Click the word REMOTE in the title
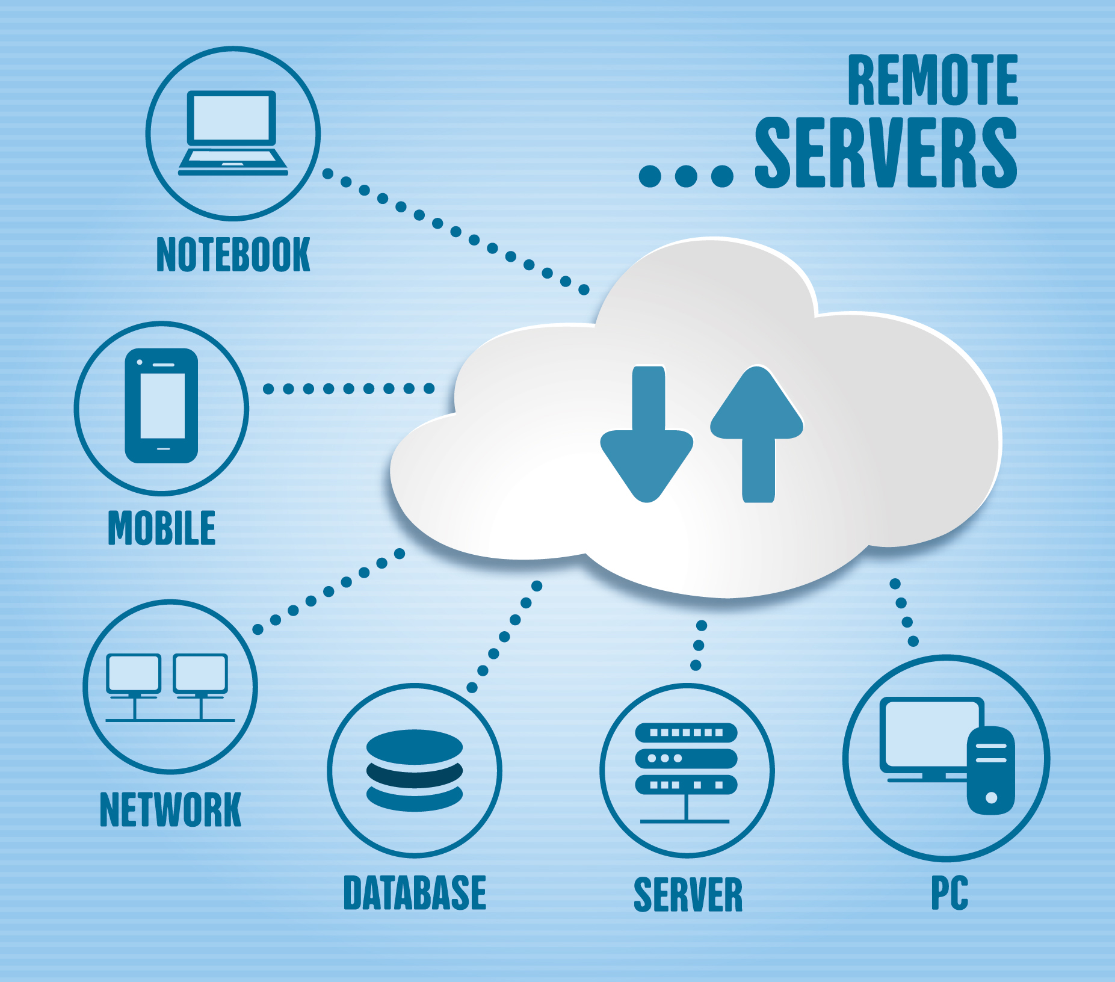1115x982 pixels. pyautogui.click(x=932, y=80)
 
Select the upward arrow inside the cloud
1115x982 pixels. pyautogui.click(x=757, y=433)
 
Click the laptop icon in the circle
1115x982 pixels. pyautogui.click(x=232, y=133)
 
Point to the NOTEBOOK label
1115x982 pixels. pyautogui.click(x=233, y=255)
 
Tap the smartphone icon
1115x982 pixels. pyautogui.click(x=161, y=406)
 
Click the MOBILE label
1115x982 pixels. pyautogui.click(x=161, y=528)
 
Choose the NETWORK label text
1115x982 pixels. pyautogui.click(x=170, y=810)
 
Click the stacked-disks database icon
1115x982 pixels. pyautogui.click(x=415, y=770)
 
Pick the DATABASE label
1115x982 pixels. pyautogui.click(x=415, y=893)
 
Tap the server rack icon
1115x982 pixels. pyautogui.click(x=687, y=764)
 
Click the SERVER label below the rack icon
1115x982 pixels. pyautogui.click(x=688, y=895)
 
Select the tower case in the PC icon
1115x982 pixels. pyautogui.click(x=990, y=770)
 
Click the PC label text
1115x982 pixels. pyautogui.click(x=950, y=893)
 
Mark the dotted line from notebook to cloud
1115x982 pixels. pyautogui.click(x=456, y=231)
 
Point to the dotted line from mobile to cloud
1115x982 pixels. pyautogui.click(x=348, y=389)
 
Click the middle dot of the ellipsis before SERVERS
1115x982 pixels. pyautogui.click(x=686, y=176)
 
